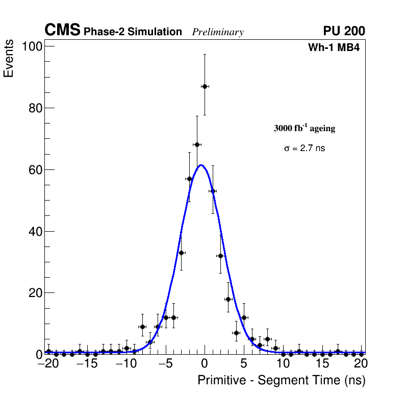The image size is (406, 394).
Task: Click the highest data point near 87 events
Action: tap(205, 86)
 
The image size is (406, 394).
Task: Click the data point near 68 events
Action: tap(197, 144)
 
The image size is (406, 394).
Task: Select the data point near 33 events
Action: tap(181, 253)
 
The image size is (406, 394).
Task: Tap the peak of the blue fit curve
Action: tap(201, 165)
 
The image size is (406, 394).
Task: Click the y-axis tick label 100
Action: tap(32, 46)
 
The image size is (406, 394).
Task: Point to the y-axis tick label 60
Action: tap(35, 169)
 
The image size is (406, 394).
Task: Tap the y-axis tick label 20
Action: tap(35, 293)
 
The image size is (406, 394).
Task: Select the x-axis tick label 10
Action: tap(283, 364)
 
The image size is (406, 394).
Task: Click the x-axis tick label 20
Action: tap(361, 364)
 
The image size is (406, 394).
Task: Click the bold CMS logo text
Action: tap(62, 31)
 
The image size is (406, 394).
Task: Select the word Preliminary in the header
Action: tap(218, 32)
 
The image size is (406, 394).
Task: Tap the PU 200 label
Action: tap(344, 31)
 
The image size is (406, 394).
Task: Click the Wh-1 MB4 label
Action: tap(334, 48)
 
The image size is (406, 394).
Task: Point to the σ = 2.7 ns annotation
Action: tap(304, 149)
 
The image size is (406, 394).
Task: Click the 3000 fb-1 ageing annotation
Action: tap(304, 128)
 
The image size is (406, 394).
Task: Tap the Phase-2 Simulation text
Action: tap(133, 32)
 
